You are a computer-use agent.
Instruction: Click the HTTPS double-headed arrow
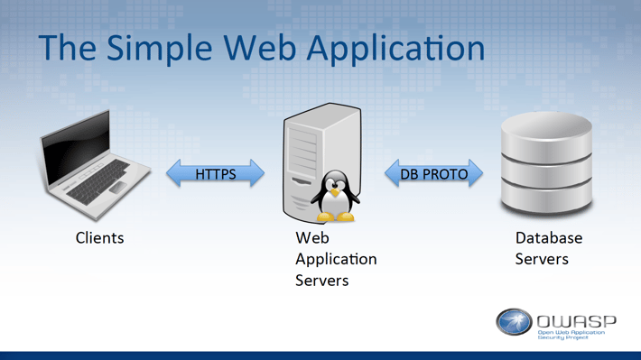pos(216,173)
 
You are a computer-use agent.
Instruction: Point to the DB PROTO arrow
pos(433,173)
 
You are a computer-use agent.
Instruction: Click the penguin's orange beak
pos(335,192)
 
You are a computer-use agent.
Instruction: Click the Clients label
pos(99,239)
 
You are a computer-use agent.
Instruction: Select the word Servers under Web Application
pos(321,281)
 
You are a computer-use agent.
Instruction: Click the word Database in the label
pos(549,238)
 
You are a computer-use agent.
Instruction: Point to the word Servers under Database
pos(542,259)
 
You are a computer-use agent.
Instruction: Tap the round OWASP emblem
pos(514,322)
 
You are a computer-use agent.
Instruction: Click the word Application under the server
pos(336,260)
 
